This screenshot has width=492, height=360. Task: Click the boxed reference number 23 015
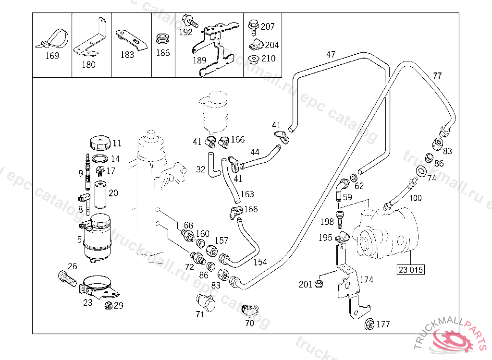(411, 270)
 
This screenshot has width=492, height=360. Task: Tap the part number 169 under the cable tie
(52, 56)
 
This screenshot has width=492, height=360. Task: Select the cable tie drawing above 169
(52, 39)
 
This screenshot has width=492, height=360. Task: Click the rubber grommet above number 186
(163, 39)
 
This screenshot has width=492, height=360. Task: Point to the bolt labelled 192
(189, 20)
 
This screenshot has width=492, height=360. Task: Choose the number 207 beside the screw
(268, 26)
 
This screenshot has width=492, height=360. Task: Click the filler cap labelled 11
(100, 144)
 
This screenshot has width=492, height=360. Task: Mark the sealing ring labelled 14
(100, 159)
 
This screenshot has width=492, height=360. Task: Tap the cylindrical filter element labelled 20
(101, 195)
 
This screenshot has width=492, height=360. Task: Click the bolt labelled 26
(67, 278)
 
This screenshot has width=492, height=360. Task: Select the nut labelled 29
(109, 305)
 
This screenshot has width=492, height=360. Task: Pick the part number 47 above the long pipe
(331, 55)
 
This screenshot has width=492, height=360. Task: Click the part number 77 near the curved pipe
(437, 75)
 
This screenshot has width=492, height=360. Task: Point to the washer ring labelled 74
(421, 171)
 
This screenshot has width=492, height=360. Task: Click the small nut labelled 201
(319, 284)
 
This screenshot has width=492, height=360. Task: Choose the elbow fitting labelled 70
(250, 310)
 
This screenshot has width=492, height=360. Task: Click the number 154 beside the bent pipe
(260, 262)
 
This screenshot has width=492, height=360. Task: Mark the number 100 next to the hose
(416, 198)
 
